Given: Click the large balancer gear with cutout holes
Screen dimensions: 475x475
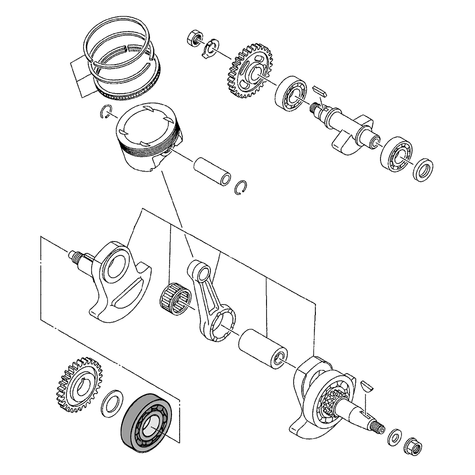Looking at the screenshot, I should click(250, 71).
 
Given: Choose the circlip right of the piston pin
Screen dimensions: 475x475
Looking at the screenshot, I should click(242, 188).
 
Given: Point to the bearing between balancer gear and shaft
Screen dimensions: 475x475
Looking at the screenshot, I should click(291, 93).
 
